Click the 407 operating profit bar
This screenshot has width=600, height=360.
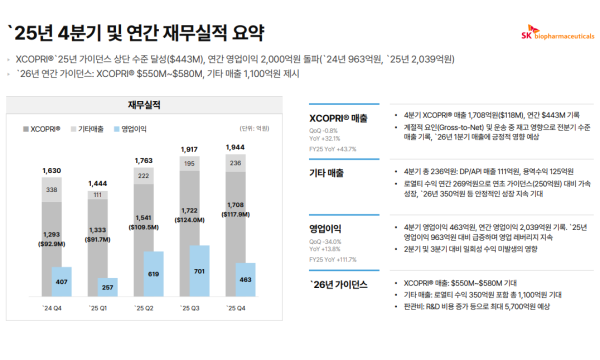tap(62, 281)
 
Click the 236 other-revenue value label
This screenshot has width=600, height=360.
tap(236, 163)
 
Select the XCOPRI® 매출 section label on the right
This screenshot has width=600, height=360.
tap(339, 119)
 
